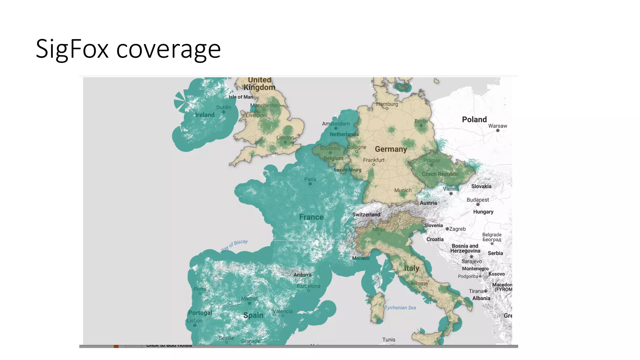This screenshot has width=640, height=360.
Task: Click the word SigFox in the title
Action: click(72, 49)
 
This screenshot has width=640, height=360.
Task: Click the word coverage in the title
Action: click(168, 50)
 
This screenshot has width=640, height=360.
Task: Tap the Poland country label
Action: click(474, 119)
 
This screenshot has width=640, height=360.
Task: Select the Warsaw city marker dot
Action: click(497, 131)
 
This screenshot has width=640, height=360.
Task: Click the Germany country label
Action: click(391, 149)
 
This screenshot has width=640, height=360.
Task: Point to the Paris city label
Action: click(310, 179)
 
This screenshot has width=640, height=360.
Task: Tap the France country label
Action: click(311, 217)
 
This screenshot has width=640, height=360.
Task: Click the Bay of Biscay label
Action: click(234, 245)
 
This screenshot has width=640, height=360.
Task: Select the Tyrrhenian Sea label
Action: click(400, 308)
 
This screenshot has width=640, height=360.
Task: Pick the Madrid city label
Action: click(249, 298)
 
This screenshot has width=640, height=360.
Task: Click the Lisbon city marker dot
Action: click(195, 325)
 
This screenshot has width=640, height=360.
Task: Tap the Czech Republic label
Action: click(440, 174)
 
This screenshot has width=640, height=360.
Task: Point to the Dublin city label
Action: click(224, 107)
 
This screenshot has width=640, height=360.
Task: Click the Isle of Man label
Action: click(241, 97)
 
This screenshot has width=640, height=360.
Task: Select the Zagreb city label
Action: click(457, 229)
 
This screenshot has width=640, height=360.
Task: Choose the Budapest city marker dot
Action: click(478, 204)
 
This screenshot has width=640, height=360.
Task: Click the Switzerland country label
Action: click(366, 214)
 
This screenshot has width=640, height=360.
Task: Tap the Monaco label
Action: click(361, 258)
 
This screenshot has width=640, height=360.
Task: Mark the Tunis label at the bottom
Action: click(389, 339)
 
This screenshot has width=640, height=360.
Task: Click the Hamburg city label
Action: click(387, 104)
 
